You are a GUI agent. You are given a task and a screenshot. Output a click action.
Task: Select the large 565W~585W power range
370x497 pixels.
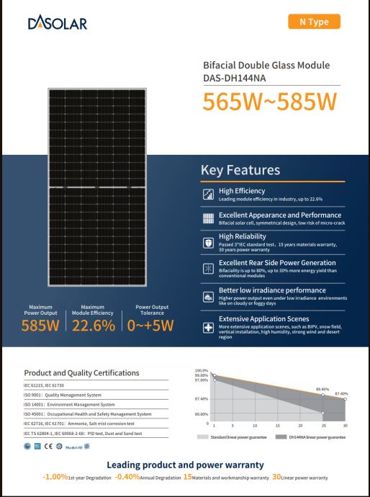(269, 102)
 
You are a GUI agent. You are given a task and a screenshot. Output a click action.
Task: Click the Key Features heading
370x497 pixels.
(240, 170)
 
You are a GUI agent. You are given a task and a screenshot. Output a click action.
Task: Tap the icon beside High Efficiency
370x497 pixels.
(207, 193)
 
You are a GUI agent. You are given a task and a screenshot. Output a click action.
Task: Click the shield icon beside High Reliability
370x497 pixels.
(207, 241)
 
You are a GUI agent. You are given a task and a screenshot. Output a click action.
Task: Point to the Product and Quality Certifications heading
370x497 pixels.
(81, 372)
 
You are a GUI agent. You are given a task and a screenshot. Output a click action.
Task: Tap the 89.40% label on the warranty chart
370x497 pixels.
(322, 390)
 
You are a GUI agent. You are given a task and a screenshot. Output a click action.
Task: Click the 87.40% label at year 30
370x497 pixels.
(341, 393)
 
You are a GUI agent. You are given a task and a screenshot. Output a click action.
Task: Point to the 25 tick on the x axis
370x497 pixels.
(323, 426)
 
